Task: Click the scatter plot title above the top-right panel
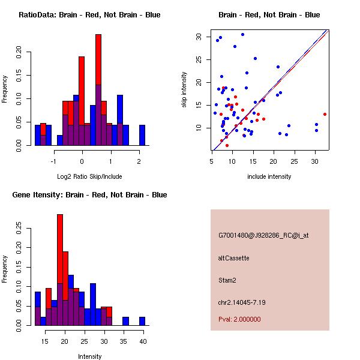[269, 15]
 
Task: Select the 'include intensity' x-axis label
[269, 176]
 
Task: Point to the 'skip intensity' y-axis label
[184, 90]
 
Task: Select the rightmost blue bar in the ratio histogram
[142, 135]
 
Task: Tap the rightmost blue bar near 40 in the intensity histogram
[142, 321]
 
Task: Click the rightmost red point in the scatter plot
[325, 114]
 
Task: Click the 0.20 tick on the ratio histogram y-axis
[19, 52]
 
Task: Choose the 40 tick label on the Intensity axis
[143, 341]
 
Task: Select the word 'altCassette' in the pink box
[233, 258]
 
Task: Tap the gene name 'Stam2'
[227, 280]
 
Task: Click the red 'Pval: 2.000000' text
[239, 319]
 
